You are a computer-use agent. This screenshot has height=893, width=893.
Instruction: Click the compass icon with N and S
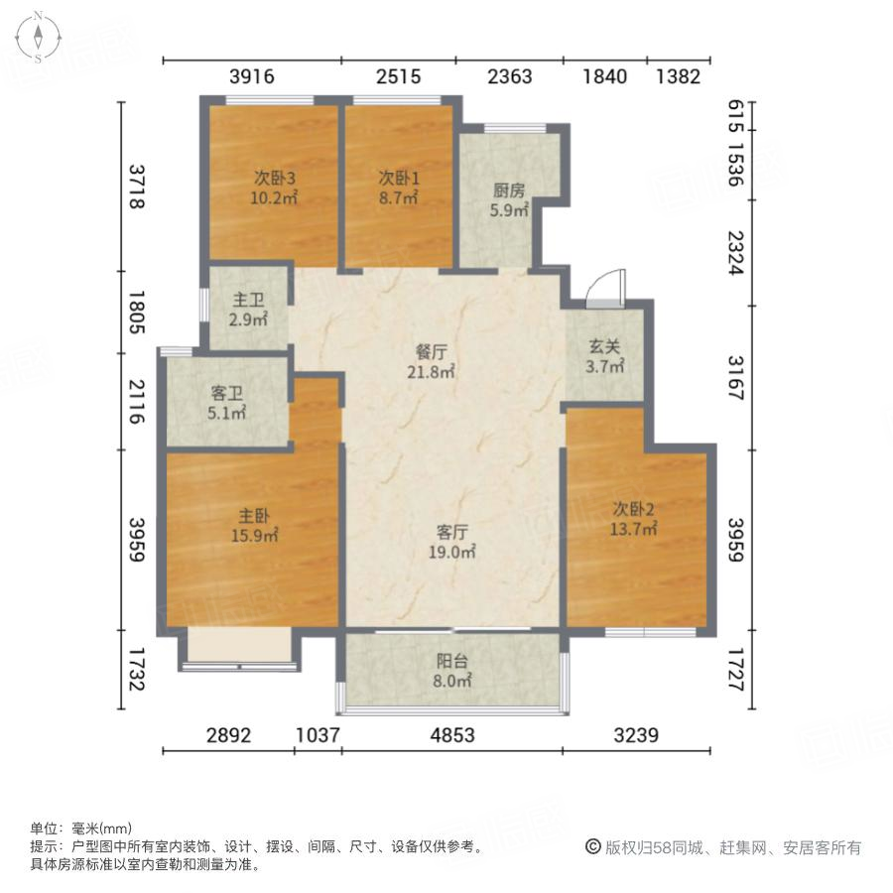[x=37, y=37]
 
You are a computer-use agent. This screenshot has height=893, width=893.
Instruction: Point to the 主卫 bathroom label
[x=247, y=299]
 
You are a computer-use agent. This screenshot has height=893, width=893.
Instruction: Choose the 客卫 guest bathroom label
[x=227, y=394]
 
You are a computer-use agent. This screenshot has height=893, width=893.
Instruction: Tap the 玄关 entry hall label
[x=605, y=347]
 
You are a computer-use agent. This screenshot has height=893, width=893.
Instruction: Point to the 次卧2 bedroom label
[x=634, y=511]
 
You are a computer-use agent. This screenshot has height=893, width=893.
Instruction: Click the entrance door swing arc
[x=603, y=287]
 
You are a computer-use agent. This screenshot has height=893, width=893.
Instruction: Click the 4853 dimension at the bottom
[x=451, y=735]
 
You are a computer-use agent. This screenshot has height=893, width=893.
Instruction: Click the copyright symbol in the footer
[x=592, y=847]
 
